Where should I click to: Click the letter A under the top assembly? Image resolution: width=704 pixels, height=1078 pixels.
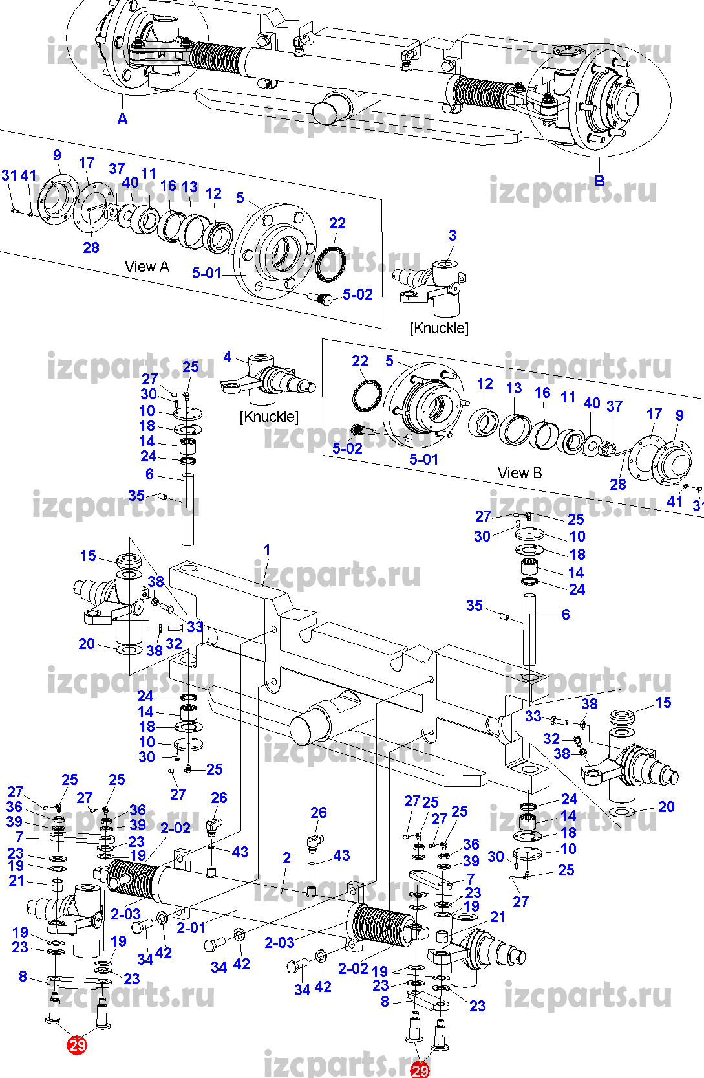click(x=123, y=119)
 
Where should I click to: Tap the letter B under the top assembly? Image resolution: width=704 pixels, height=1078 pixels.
click(x=600, y=181)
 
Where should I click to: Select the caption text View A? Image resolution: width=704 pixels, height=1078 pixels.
click(x=147, y=267)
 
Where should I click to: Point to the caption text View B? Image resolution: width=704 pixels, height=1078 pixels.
click(x=520, y=473)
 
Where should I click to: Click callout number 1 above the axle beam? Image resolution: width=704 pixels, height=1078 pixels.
click(x=267, y=549)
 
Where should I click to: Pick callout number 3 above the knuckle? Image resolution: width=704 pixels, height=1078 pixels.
click(x=453, y=236)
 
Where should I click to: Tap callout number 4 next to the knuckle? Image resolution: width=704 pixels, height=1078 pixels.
click(x=228, y=357)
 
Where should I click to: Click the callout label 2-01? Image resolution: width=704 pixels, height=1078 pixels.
click(x=191, y=927)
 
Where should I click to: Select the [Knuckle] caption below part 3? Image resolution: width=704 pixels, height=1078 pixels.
click(x=439, y=328)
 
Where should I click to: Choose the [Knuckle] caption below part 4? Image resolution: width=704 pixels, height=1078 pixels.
click(x=269, y=417)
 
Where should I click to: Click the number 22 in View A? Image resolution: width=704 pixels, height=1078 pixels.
click(x=337, y=223)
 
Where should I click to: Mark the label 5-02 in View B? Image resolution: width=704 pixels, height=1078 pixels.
click(x=347, y=448)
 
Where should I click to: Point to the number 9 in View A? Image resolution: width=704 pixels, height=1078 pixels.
click(x=58, y=155)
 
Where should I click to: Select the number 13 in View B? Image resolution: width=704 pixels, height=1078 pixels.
click(x=514, y=388)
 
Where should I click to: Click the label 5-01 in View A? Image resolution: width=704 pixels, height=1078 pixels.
click(x=207, y=273)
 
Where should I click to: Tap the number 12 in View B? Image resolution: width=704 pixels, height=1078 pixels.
click(x=485, y=384)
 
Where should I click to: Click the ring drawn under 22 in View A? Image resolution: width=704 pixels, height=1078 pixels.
click(x=330, y=263)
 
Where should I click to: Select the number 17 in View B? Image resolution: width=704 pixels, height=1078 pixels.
click(x=654, y=414)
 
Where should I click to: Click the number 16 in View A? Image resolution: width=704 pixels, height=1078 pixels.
click(x=168, y=186)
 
